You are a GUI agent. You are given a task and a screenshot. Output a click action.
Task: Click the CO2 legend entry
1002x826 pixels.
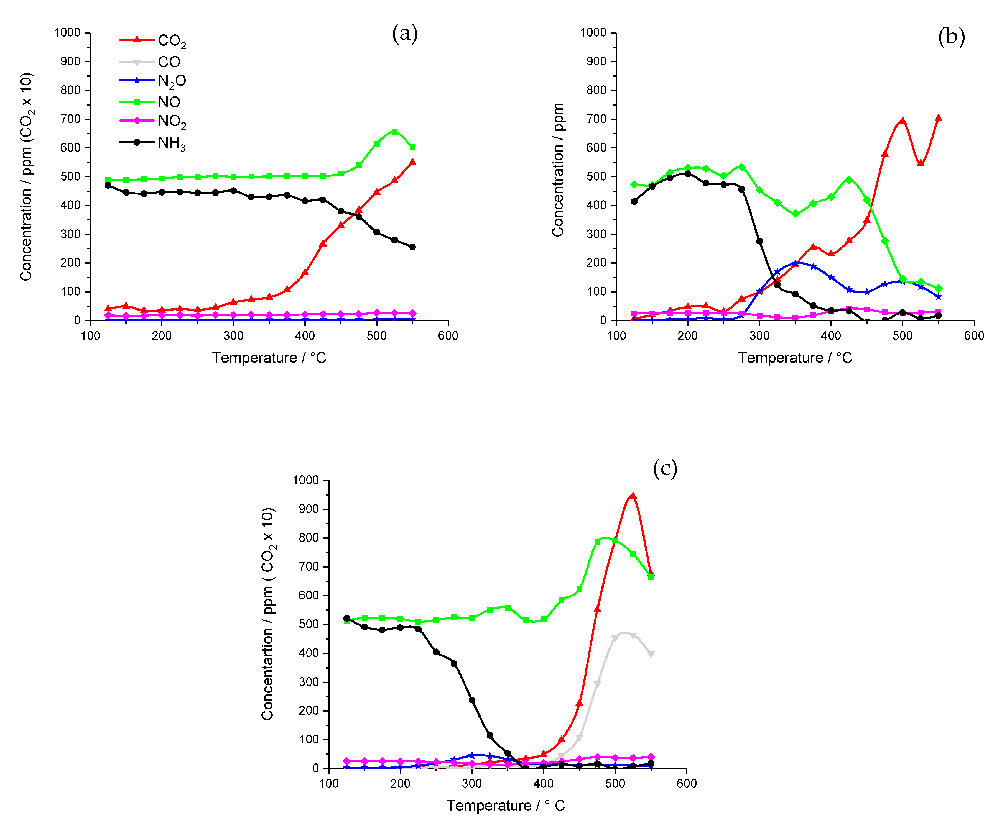tap(152, 41)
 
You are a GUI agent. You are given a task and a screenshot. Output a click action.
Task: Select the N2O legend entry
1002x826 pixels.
tap(152, 81)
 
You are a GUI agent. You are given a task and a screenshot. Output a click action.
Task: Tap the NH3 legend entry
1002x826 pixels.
tap(152, 143)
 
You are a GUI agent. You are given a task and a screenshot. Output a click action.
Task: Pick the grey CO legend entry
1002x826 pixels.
tap(150, 62)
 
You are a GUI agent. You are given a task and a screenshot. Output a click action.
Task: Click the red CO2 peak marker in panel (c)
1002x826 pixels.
tap(633, 496)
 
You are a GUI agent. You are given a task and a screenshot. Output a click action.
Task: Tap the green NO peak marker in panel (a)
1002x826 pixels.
tap(395, 131)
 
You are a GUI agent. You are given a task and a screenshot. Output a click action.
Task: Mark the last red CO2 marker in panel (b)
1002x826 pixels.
tap(938, 118)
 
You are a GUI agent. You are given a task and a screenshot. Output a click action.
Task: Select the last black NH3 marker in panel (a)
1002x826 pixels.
tap(412, 247)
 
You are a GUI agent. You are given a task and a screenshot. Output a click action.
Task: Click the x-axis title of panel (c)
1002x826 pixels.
tap(505, 806)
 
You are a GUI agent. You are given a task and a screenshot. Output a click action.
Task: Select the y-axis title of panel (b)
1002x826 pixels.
tap(558, 170)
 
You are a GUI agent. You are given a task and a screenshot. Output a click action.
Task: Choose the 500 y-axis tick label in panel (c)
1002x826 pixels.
tap(306, 624)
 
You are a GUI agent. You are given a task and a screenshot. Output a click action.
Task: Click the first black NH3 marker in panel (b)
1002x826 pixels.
tap(634, 201)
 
